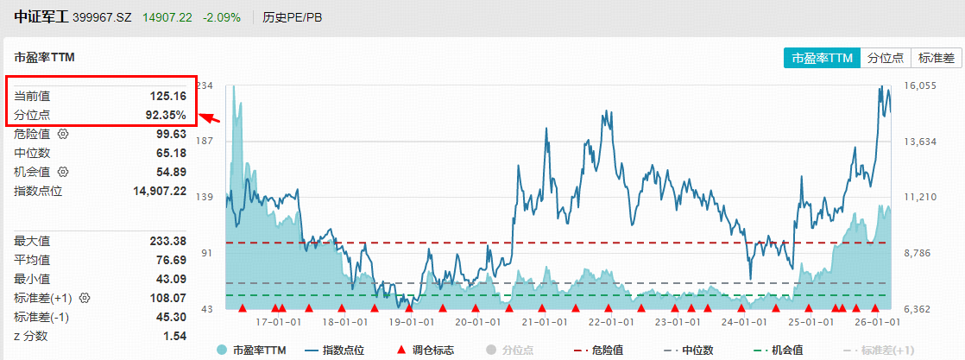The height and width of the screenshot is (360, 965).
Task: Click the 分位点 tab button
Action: [885, 58]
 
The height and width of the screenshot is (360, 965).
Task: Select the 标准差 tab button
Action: [936, 58]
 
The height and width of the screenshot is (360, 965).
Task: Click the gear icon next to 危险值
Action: [62, 134]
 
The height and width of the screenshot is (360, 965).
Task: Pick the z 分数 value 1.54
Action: [174, 336]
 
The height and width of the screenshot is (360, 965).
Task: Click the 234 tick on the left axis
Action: [205, 85]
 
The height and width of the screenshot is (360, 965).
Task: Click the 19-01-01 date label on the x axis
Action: [409, 321]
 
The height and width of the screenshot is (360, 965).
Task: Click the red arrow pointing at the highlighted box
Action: [211, 119]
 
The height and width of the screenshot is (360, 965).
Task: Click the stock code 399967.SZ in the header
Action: [103, 17]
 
